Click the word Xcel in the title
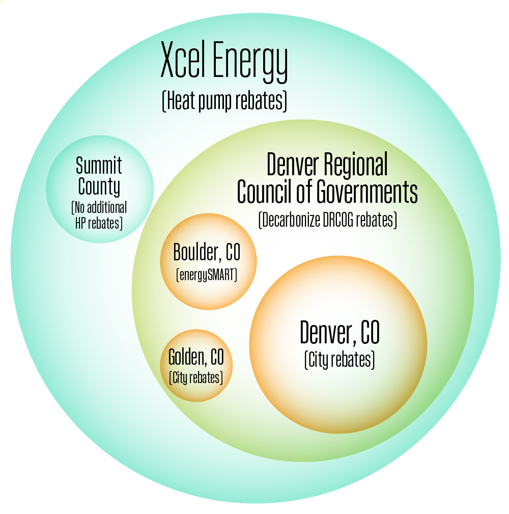coord(183,61)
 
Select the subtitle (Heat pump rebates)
coord(224,101)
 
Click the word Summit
coord(99,166)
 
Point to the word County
coord(99,187)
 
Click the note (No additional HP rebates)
coord(99,215)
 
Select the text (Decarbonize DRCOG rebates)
coord(327,221)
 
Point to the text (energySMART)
coord(207,275)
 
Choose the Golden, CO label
coord(196,358)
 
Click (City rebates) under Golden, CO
coord(196,378)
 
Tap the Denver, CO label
coord(340,333)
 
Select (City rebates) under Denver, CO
coord(340,360)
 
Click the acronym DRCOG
coord(339,221)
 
